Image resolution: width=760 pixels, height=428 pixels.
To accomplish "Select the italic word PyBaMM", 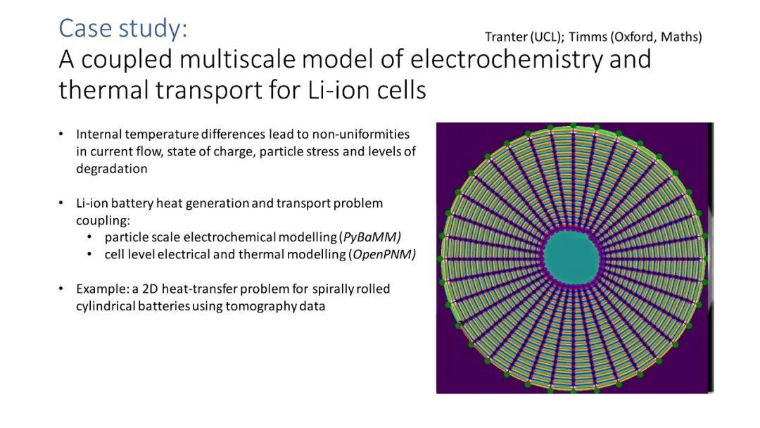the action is pyautogui.click(x=372, y=237).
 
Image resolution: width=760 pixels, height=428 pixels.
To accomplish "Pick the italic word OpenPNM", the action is pyautogui.click(x=384, y=254).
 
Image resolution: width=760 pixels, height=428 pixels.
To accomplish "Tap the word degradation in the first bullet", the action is pyautogui.click(x=111, y=169).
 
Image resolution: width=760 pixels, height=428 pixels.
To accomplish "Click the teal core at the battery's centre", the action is pyautogui.click(x=572, y=257).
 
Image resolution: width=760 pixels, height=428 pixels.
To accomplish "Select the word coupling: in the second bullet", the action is pyautogui.click(x=103, y=220).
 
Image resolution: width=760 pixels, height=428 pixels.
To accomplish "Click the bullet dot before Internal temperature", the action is pyautogui.click(x=61, y=134).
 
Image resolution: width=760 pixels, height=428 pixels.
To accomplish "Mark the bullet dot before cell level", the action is pyautogui.click(x=89, y=254).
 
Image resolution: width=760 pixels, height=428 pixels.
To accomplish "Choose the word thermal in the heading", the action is pyautogui.click(x=103, y=90).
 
